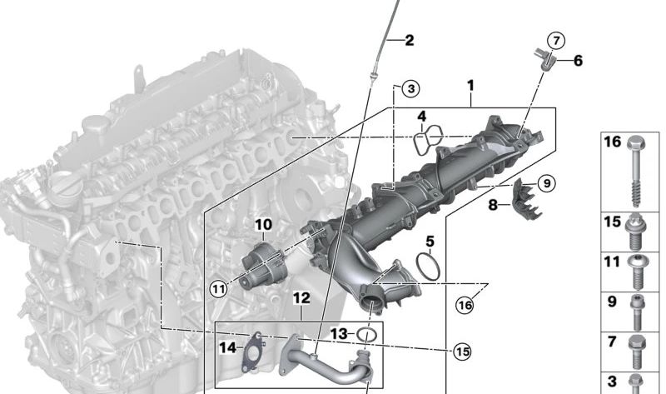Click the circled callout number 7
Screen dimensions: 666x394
556,41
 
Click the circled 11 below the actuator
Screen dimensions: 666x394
219,289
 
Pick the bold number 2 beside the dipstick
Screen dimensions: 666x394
409,40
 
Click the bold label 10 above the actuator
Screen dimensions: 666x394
263,224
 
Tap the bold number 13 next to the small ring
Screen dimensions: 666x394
339,334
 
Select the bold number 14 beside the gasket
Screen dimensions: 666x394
227,348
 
